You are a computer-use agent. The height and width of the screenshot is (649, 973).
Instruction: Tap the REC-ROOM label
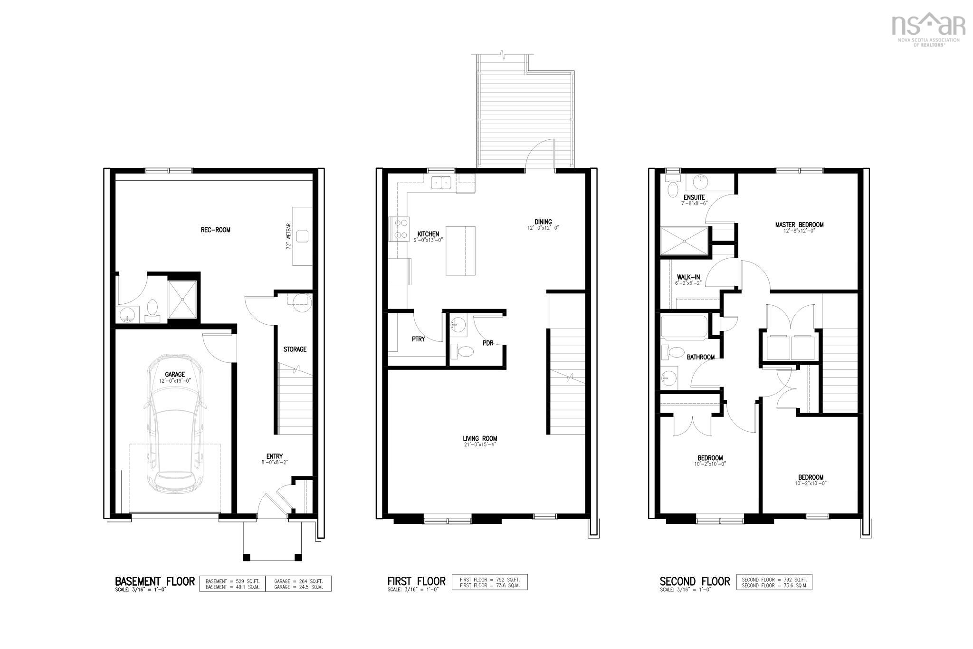click(215, 230)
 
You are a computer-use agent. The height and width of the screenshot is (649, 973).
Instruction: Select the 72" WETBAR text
click(288, 236)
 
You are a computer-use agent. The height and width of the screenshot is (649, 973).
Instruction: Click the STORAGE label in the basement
click(295, 349)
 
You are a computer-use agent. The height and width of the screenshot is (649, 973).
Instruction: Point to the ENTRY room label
click(275, 456)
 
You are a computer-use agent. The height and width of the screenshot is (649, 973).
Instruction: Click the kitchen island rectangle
click(460, 251)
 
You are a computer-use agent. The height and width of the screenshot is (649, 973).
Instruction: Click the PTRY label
click(418, 339)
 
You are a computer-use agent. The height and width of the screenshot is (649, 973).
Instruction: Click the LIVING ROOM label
click(480, 439)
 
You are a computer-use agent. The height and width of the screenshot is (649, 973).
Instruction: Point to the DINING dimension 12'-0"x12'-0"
click(543, 228)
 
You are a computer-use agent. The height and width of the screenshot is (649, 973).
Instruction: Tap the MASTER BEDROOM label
click(799, 225)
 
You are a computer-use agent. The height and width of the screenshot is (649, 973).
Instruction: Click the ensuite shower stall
click(684, 242)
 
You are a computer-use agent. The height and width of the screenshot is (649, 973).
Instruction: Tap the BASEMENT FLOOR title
click(154, 581)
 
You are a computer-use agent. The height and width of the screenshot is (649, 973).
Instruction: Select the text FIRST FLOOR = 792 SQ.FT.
click(489, 580)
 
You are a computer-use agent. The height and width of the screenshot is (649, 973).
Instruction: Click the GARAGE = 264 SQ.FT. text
click(298, 581)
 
